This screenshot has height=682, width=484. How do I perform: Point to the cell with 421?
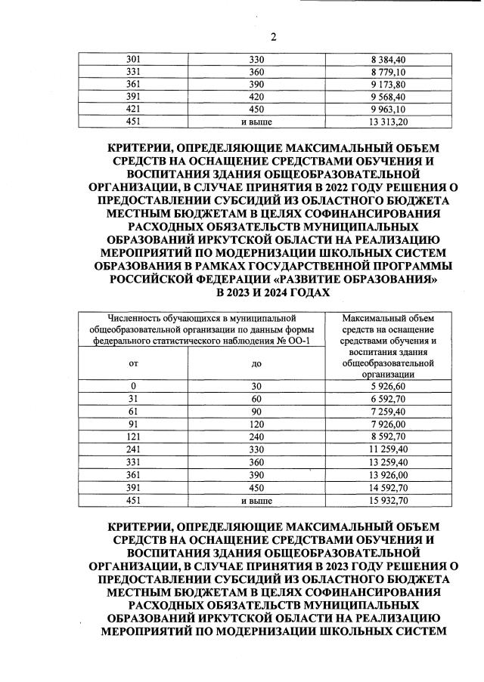(x=134, y=108)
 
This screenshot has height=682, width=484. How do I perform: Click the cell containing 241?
(x=134, y=450)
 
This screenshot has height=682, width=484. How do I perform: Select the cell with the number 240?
(x=256, y=437)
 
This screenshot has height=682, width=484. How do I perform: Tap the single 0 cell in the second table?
(x=134, y=387)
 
